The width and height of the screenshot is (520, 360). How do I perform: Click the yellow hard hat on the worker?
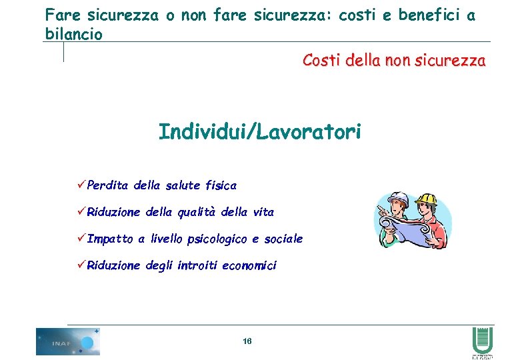point(427,197)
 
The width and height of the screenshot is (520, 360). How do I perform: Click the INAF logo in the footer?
point(67,341)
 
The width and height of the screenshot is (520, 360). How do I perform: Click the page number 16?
point(247,341)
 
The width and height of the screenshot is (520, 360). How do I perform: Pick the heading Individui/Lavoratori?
point(260,132)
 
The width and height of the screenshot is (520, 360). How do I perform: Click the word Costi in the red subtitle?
point(321,61)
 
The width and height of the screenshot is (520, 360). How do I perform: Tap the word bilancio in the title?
point(73,34)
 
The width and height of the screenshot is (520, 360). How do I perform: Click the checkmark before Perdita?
point(81,185)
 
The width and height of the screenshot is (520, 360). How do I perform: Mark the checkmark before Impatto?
point(81,238)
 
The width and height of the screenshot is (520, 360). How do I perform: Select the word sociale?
point(283,239)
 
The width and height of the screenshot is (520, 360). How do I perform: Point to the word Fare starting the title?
point(60,15)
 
